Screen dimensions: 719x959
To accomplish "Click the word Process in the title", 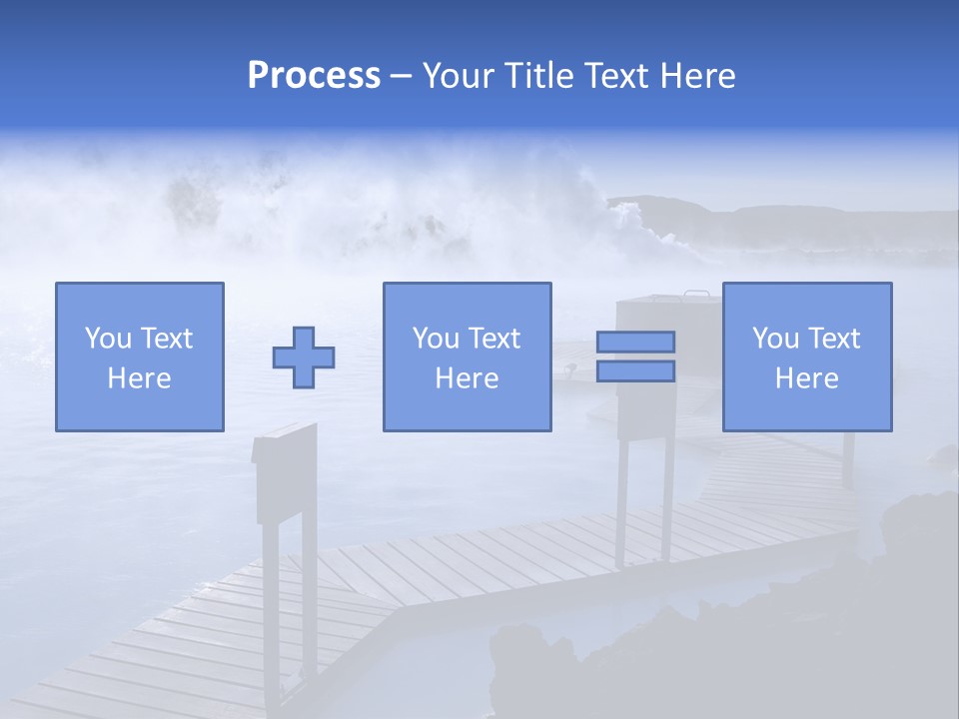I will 314,76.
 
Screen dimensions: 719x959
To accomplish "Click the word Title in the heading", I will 536,76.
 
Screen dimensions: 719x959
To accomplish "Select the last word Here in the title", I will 698,76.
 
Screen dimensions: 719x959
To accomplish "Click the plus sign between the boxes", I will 304,358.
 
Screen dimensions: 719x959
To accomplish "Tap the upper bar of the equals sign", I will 635,343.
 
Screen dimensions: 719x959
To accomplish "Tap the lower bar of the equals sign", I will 635,371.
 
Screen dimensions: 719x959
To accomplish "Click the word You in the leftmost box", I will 108,339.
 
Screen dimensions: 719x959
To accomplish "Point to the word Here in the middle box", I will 467,378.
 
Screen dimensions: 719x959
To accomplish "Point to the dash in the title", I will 401,77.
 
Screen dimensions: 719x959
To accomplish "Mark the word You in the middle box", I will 436,339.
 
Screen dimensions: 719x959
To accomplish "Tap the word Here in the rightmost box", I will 806,378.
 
